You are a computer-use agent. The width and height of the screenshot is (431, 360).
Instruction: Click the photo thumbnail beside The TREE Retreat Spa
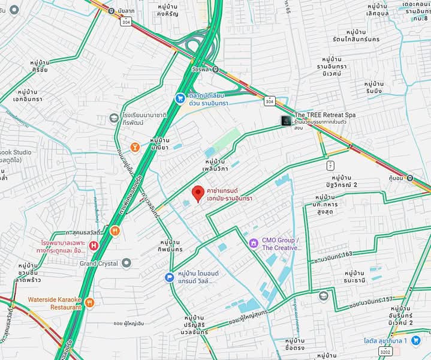tap(287, 121)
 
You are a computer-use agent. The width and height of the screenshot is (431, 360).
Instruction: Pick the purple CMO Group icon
tap(254, 243)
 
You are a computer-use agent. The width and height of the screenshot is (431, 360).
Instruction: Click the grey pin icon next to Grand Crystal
tap(126, 263)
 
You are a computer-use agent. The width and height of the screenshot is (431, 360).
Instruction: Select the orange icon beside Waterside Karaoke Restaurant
tap(89, 302)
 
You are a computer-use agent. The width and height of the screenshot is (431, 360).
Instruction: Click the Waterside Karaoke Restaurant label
tap(54, 303)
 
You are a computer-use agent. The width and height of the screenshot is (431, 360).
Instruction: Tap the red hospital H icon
tap(94, 245)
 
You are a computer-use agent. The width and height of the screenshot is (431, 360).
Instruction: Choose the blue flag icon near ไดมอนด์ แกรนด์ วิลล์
tap(170, 277)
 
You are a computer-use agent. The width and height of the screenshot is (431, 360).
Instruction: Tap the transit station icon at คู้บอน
tap(409, 178)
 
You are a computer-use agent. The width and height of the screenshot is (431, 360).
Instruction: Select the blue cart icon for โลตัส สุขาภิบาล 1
tap(415, 340)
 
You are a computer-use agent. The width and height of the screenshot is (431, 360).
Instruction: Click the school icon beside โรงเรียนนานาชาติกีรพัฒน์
tap(114, 118)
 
